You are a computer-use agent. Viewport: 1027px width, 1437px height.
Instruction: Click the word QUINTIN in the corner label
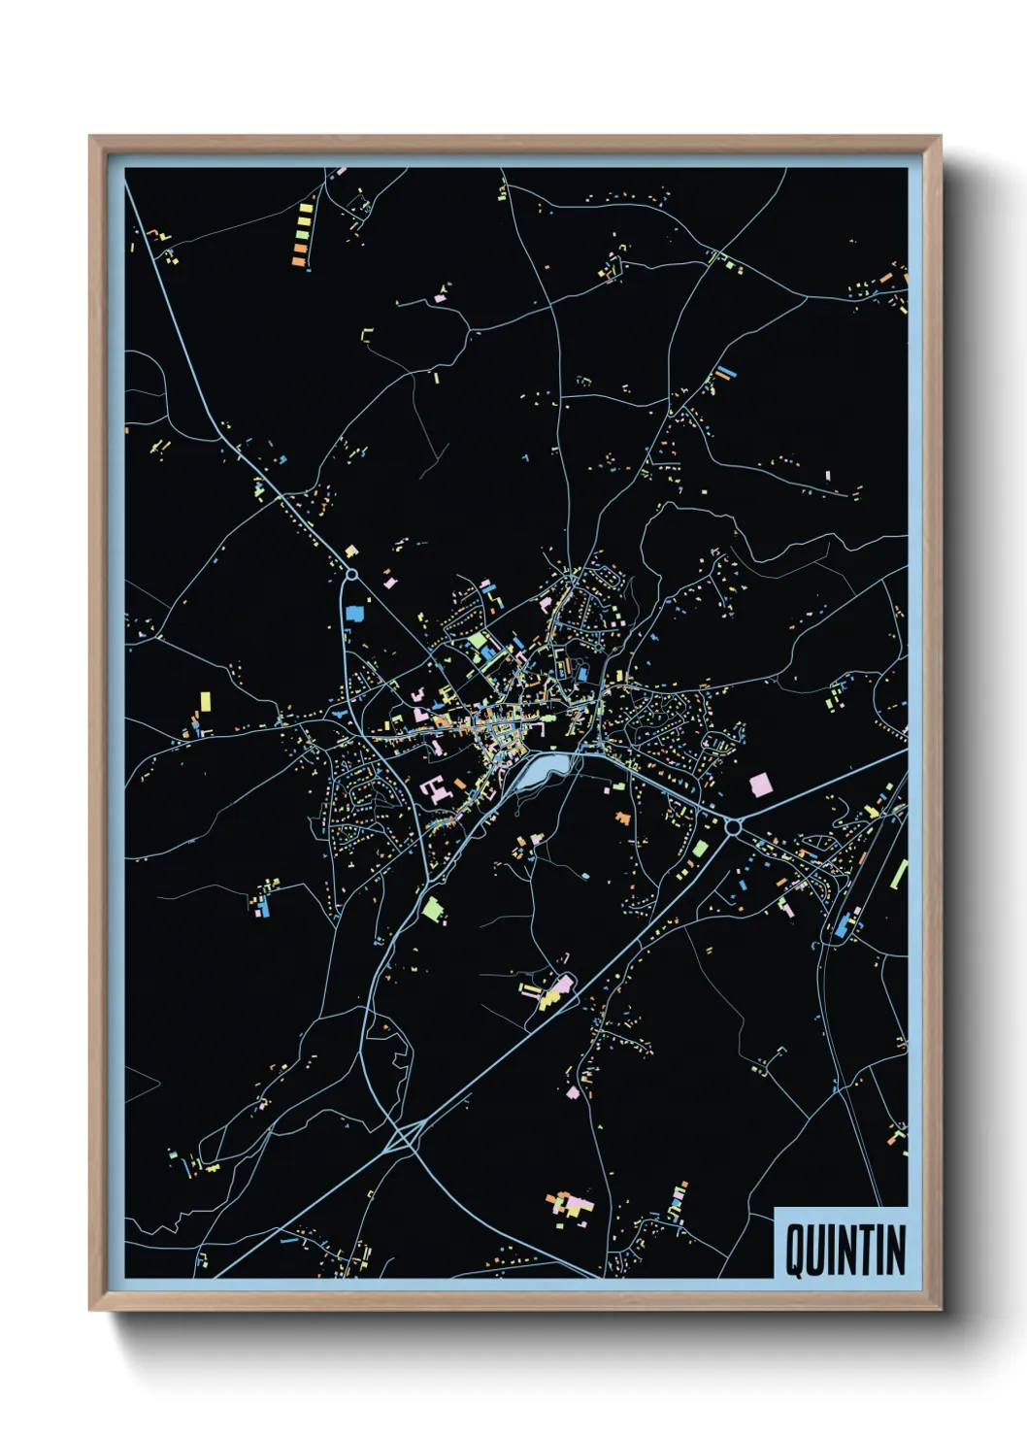(x=845, y=1250)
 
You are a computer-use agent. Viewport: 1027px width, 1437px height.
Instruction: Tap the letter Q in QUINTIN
(x=793, y=1251)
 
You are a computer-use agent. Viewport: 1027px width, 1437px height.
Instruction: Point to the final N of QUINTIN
(x=895, y=1250)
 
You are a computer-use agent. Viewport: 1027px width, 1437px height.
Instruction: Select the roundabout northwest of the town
(x=351, y=574)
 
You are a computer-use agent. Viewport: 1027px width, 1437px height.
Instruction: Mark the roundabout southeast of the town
(x=733, y=827)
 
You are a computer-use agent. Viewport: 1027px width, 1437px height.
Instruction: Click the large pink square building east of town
(x=759, y=784)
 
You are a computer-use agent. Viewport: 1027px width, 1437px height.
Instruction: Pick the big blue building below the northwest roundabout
(x=354, y=613)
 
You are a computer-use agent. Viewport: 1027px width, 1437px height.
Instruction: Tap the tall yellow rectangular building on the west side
(x=205, y=701)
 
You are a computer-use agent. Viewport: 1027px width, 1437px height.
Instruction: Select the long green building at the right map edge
(x=899, y=873)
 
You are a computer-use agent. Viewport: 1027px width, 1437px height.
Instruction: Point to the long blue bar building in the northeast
(x=726, y=372)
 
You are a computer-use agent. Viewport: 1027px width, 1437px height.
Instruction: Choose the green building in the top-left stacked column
(x=302, y=233)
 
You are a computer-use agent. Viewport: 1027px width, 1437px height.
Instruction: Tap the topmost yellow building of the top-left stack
(x=306, y=208)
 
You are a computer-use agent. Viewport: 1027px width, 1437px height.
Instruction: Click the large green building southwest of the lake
(x=432, y=910)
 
